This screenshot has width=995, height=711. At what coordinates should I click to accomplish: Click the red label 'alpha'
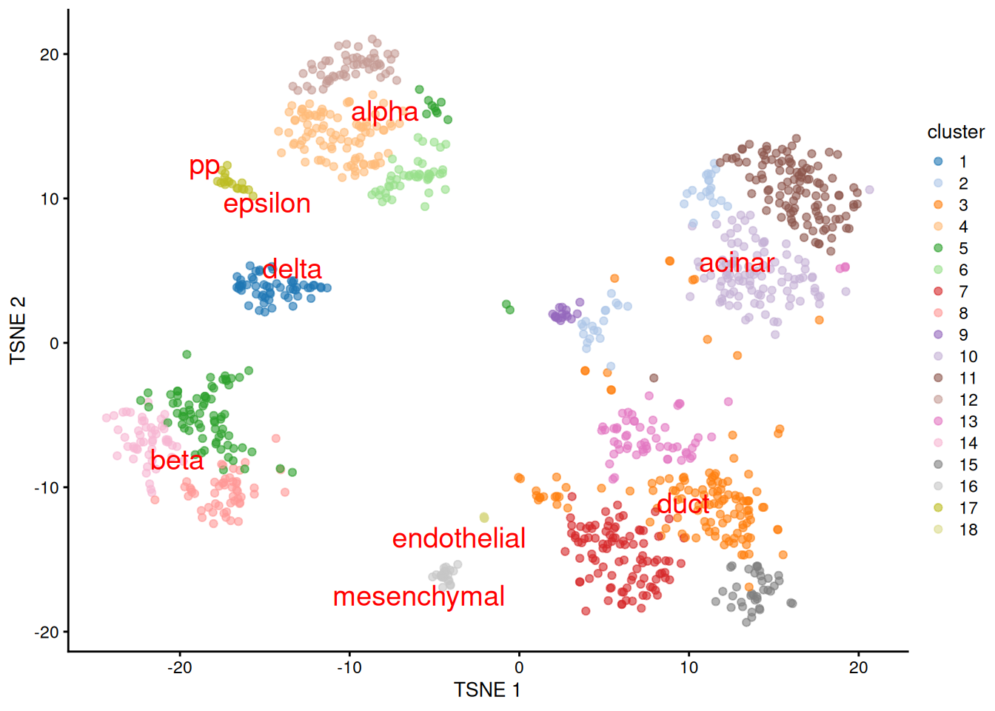pos(384,112)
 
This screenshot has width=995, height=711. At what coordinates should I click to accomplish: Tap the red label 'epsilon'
pos(267,204)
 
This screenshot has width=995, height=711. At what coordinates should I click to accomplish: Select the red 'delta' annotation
pos(292,269)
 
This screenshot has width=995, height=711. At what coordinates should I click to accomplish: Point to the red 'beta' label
pos(177,461)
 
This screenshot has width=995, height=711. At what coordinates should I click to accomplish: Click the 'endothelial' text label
pos(458,538)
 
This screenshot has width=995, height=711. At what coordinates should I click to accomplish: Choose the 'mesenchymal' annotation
pos(418,596)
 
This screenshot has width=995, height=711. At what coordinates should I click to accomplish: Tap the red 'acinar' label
pos(737,263)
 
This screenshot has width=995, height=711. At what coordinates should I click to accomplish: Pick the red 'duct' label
pos(683,504)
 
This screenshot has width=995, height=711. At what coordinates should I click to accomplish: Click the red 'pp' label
pos(204,166)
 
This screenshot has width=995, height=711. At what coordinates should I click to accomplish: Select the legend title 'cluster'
pos(955,132)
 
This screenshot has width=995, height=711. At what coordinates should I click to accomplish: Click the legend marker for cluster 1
pos(938,161)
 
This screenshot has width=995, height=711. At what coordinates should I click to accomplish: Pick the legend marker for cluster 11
pos(938,378)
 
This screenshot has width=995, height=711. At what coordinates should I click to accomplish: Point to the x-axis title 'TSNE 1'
pos(487,690)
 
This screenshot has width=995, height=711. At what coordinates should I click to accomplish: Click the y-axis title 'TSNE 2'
pos(18,330)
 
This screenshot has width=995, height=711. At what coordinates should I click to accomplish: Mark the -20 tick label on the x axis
pos(179,667)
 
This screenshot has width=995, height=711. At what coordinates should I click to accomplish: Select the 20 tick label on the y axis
pos(49,55)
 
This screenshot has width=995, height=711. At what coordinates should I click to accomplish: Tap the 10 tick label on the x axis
pos(689,667)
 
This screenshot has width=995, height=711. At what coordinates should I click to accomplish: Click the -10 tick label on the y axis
pos(46,487)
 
